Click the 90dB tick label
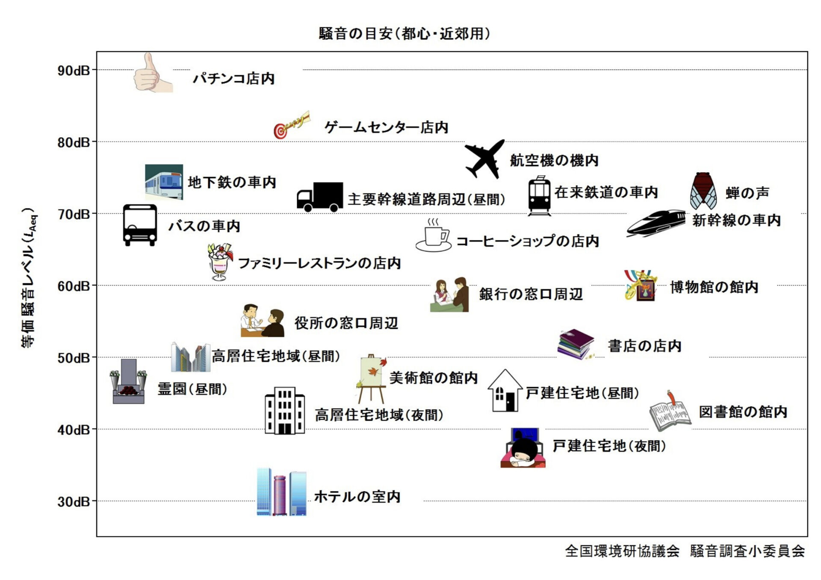click(74, 71)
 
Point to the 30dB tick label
click(74, 501)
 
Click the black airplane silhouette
click(484, 159)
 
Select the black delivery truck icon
click(320, 197)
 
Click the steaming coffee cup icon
click(434, 236)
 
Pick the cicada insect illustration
click(703, 191)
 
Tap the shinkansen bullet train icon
click(656, 223)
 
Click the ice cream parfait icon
click(220, 262)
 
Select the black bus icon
click(140, 225)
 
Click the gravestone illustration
click(128, 382)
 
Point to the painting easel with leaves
click(371, 378)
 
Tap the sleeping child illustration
click(523, 448)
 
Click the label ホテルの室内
click(357, 497)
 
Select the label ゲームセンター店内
click(386, 127)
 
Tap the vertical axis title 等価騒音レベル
click(29, 278)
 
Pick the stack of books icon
click(576, 344)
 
